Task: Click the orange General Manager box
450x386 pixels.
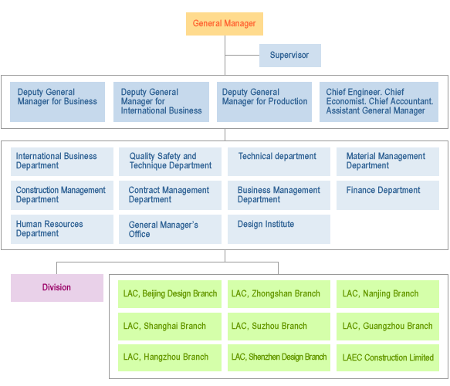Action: tap(225, 24)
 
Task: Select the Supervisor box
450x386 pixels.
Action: tap(290, 56)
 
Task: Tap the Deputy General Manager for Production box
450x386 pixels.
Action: tap(264, 102)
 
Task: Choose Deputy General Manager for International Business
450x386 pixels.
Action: tap(161, 102)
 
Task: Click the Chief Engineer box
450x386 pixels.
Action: tap(379, 102)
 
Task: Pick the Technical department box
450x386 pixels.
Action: tap(279, 161)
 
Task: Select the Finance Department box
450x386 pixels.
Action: tap(387, 195)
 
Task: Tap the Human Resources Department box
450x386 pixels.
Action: tap(62, 229)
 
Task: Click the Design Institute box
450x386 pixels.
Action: tap(279, 229)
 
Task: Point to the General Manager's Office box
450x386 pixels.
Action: tap(170, 229)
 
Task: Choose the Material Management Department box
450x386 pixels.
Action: tap(387, 161)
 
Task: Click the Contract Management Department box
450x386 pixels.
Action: tap(170, 195)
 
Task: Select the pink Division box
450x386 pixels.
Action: tap(57, 288)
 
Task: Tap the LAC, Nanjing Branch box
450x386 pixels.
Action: tap(387, 294)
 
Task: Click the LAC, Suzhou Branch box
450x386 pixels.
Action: tap(279, 327)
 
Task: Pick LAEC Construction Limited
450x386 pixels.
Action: tap(387, 358)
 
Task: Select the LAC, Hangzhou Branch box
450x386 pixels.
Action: tap(170, 358)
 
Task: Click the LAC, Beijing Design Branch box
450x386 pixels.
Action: tap(170, 294)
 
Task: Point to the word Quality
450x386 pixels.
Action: tap(142, 157)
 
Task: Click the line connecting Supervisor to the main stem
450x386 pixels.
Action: tap(242, 55)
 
